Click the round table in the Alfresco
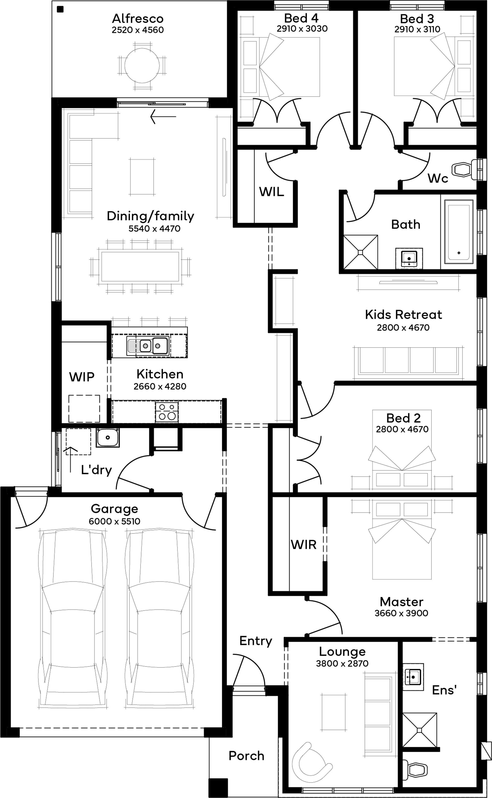coord(142,65)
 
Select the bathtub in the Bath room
coord(459,232)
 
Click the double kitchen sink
coord(148,346)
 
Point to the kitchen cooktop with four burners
coord(167,412)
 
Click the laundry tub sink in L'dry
coord(108,437)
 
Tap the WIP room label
coord(82,377)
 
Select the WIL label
coord(271,192)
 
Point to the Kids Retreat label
coord(403,314)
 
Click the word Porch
coord(246,756)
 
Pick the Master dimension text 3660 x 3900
coord(401,613)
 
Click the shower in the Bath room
coord(361,252)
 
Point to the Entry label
coord(256,641)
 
